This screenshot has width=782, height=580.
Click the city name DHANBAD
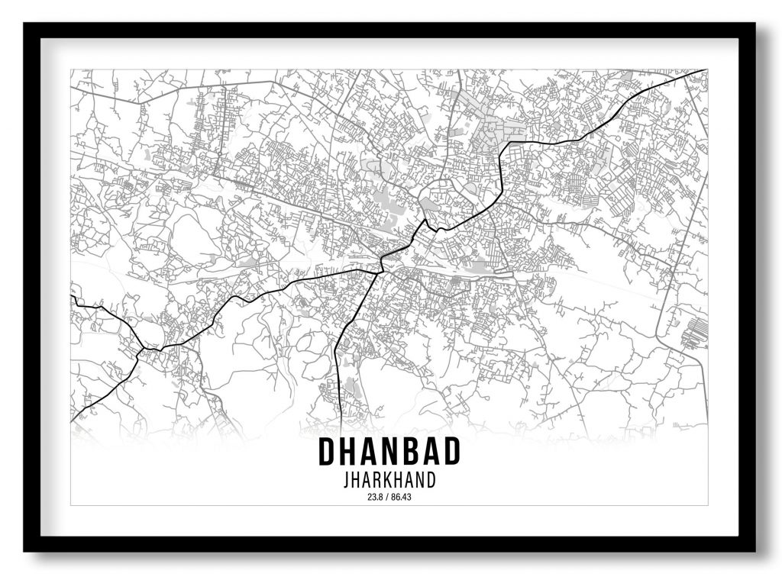pyautogui.click(x=389, y=452)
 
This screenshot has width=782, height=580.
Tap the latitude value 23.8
pyautogui.click(x=375, y=498)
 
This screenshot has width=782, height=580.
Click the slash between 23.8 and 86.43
pyautogui.click(x=387, y=498)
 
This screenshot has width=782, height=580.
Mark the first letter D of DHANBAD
pyautogui.click(x=326, y=452)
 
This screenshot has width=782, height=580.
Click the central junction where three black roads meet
pyautogui.click(x=381, y=268)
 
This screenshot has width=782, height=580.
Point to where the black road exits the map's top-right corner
pyautogui.click(x=704, y=71)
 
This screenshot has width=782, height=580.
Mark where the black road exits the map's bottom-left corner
pyautogui.click(x=73, y=420)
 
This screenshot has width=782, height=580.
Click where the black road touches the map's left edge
pyautogui.click(x=73, y=298)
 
